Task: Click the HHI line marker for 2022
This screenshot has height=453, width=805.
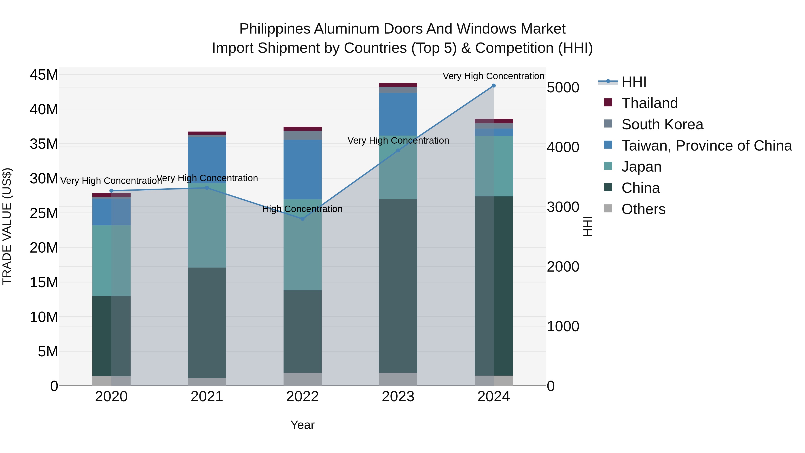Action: coord(302,219)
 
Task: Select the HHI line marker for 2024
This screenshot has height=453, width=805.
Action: coord(494,86)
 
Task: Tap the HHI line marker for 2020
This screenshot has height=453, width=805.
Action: coord(111,191)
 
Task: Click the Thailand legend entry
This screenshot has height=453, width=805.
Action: coord(649,103)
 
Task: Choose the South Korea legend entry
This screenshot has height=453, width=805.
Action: coord(662,124)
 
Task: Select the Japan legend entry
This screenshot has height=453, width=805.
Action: coord(641,167)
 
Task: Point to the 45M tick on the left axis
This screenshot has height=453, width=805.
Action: coord(44,75)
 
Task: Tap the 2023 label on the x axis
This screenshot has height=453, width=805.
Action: coord(398,397)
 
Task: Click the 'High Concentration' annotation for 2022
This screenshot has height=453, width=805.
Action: coord(302,209)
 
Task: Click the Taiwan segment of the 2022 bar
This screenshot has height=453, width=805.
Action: coord(302,169)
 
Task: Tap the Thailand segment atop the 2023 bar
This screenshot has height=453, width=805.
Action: coord(398,85)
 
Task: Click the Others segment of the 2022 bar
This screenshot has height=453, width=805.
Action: coord(302,379)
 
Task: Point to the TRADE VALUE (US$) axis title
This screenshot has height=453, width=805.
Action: coord(7,226)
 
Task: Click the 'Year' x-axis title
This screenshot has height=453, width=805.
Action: coord(302,425)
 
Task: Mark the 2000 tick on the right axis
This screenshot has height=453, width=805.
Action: coord(563,267)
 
